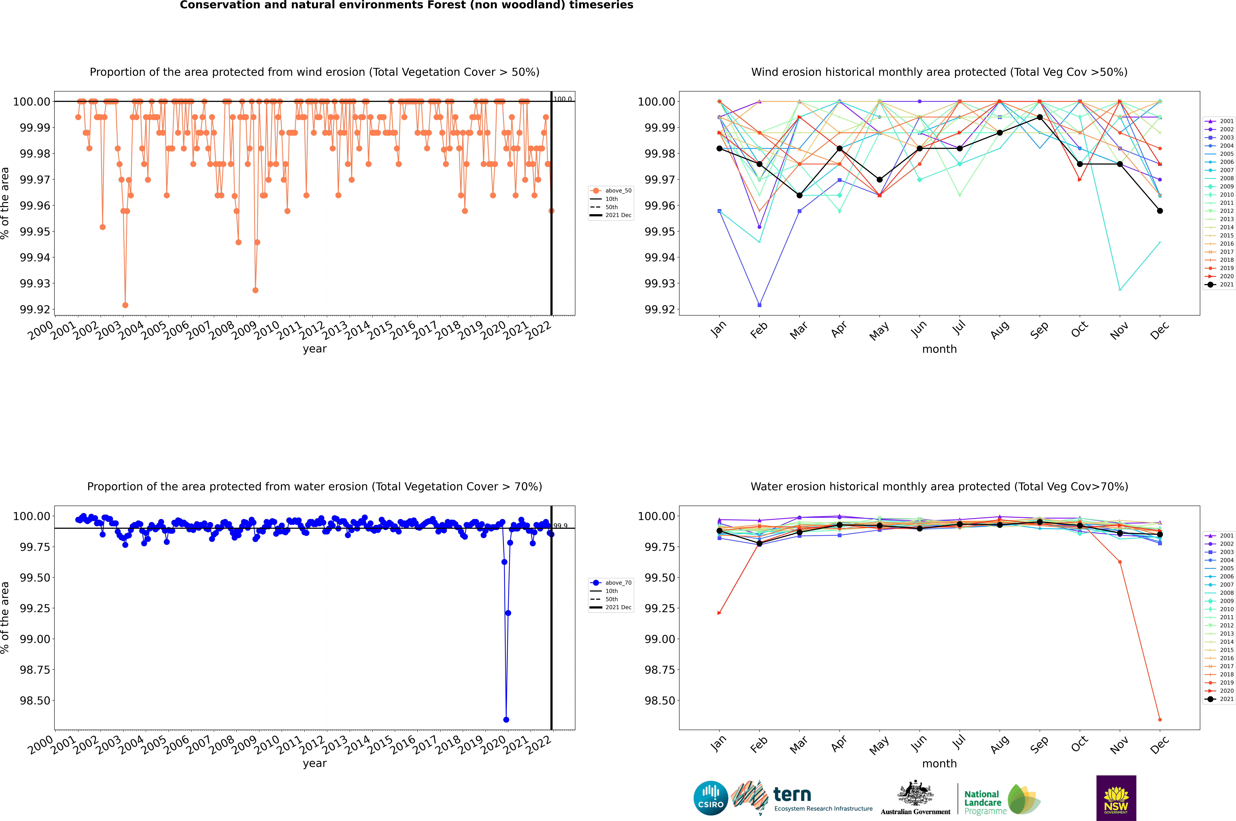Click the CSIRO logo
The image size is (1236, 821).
coord(710,798)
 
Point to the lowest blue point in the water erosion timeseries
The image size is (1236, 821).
coord(506,719)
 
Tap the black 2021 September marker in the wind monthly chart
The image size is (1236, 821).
coord(1040,117)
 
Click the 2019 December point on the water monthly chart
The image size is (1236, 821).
coord(1160,719)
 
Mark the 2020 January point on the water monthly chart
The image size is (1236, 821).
coord(719,613)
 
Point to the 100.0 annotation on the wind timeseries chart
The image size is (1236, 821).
coord(563,99)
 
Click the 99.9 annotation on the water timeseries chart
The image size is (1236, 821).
coord(560,526)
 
